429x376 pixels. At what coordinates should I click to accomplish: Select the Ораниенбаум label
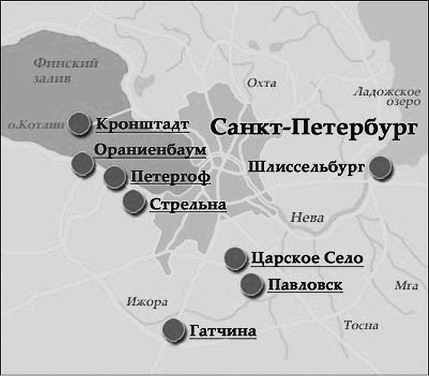click(150, 151)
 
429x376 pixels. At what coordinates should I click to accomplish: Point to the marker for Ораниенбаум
click(83, 162)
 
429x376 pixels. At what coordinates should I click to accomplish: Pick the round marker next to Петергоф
click(115, 178)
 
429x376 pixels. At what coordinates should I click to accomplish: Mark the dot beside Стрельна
click(134, 203)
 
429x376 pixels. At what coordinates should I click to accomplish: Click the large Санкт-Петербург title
click(313, 127)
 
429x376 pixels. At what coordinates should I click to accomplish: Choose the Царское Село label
click(306, 258)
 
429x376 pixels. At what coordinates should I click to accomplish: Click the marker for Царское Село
click(236, 258)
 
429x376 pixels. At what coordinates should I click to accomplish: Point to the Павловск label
click(305, 286)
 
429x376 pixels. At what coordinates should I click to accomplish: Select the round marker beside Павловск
click(252, 285)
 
